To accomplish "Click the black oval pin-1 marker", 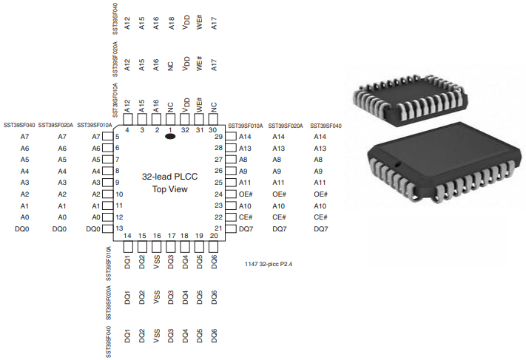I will click(x=170, y=137).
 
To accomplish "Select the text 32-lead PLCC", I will click(x=170, y=177).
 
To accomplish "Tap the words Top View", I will click(x=170, y=189).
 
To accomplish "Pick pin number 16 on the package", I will click(x=157, y=236).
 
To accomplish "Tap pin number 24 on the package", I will click(x=218, y=194).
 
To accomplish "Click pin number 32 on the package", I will click(x=185, y=130).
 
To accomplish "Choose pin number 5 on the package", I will click(x=118, y=137).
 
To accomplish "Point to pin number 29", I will click(x=218, y=137).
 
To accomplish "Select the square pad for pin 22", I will click(x=231, y=217).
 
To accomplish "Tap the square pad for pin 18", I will click(x=185, y=245).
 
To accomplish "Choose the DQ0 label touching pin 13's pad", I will click(x=93, y=229).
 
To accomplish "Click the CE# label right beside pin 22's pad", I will click(x=246, y=217).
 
